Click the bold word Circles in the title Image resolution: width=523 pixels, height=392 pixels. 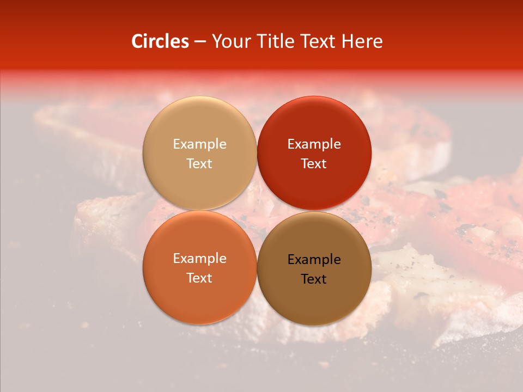click(x=160, y=41)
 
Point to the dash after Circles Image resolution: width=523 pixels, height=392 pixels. click(x=200, y=42)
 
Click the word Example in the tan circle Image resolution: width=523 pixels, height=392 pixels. click(x=199, y=144)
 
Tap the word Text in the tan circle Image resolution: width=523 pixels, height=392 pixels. click(x=199, y=164)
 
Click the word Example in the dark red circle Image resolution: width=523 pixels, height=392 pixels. click(x=314, y=144)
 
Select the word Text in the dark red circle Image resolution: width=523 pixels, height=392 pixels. click(x=314, y=164)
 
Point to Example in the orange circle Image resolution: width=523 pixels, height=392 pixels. click(x=199, y=259)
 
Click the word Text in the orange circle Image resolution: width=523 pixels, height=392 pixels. click(x=199, y=278)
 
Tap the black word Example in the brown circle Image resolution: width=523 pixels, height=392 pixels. click(x=314, y=260)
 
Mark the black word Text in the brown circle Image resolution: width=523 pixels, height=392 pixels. click(x=314, y=279)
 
